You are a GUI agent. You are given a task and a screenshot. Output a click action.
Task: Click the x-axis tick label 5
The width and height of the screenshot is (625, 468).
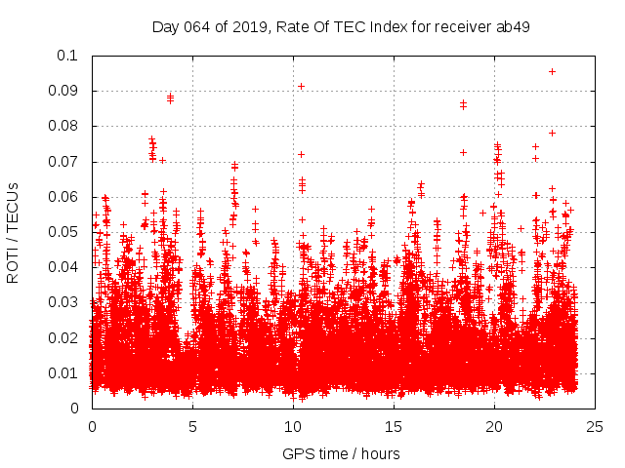(x=192, y=427)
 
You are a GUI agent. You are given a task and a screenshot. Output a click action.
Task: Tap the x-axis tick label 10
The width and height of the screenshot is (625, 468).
(x=293, y=427)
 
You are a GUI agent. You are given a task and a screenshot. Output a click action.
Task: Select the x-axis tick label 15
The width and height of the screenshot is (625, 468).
(x=394, y=427)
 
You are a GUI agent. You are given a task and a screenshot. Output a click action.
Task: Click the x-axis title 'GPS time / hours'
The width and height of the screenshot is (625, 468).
(x=341, y=453)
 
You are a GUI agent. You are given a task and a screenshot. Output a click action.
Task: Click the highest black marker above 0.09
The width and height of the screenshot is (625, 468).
(x=552, y=71)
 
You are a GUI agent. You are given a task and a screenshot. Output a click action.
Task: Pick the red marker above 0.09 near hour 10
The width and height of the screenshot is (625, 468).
(x=301, y=86)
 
